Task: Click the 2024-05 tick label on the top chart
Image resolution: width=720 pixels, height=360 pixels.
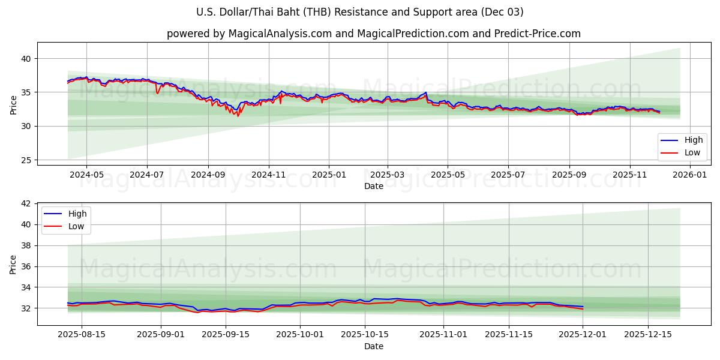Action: [x=86, y=175]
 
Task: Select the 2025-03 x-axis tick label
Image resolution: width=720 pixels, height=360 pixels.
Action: [x=388, y=175]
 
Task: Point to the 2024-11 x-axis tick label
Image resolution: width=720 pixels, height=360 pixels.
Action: [x=268, y=175]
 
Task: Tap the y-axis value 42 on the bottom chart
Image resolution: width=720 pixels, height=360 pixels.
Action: [x=26, y=204]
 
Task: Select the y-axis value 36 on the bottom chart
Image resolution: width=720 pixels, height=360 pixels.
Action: [x=26, y=266]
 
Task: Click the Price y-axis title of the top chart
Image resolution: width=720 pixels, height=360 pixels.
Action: [x=14, y=104]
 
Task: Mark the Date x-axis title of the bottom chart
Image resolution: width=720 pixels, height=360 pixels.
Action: [x=374, y=346]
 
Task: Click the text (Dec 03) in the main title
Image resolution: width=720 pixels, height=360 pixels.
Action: [x=501, y=12]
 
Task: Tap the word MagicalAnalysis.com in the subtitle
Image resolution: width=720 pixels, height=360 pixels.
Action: [x=280, y=34]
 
